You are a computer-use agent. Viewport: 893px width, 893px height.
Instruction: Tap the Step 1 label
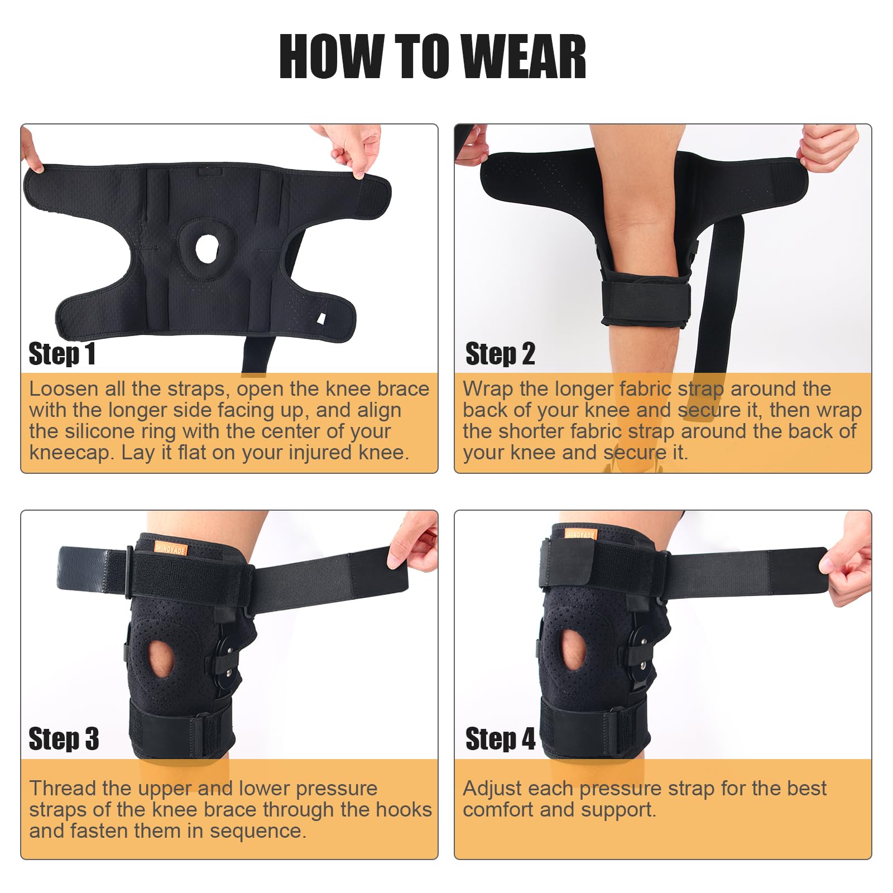click(62, 354)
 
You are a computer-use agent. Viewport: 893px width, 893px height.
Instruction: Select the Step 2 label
click(500, 354)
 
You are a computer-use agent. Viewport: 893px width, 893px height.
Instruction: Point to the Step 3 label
click(64, 739)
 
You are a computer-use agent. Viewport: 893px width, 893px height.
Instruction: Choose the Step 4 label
click(500, 739)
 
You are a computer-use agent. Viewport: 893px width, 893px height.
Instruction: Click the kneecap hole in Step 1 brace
click(207, 249)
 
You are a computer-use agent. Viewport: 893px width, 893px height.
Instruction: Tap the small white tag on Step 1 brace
click(321, 318)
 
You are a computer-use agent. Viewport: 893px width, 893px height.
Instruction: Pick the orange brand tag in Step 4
click(580, 534)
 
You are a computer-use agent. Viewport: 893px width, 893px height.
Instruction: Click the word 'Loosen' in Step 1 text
click(64, 389)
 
